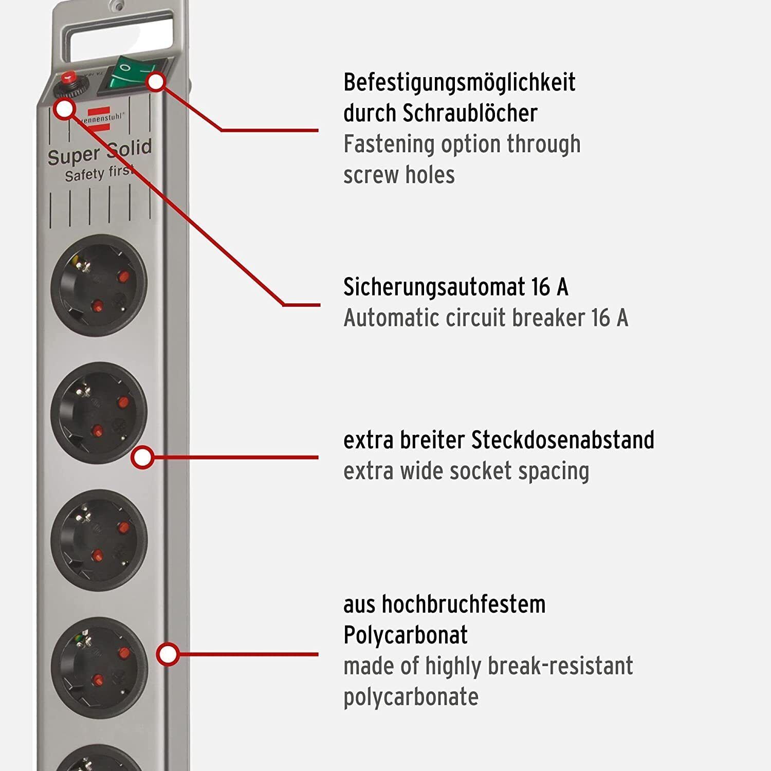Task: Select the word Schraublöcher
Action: point(470,113)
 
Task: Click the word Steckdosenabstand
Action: point(563,440)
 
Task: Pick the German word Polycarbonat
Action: point(406,635)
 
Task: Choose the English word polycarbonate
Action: point(411,697)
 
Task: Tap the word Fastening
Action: point(389,144)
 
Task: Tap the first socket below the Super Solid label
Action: point(99,285)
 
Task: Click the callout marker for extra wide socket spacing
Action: point(142,457)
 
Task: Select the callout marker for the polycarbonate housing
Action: point(168,654)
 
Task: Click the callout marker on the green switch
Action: point(156,81)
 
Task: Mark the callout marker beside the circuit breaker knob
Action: point(65,109)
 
